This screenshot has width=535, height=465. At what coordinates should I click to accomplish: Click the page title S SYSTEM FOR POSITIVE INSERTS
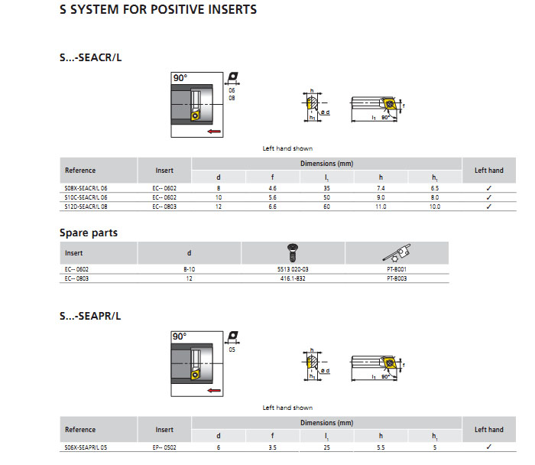(157, 10)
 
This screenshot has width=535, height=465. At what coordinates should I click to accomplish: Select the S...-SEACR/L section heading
(90, 57)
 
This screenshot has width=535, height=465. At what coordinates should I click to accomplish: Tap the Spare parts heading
(89, 232)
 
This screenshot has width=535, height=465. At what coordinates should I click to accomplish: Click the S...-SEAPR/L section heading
(90, 315)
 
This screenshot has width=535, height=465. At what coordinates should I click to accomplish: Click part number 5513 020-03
(293, 270)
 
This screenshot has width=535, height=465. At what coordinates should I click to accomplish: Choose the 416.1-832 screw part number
(293, 279)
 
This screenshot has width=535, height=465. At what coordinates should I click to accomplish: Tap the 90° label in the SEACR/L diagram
(180, 79)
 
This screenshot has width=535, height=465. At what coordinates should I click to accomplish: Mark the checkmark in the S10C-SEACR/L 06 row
(488, 197)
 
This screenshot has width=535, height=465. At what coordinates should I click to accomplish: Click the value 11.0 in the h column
(380, 206)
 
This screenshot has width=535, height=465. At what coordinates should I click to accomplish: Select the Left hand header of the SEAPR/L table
(488, 430)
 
